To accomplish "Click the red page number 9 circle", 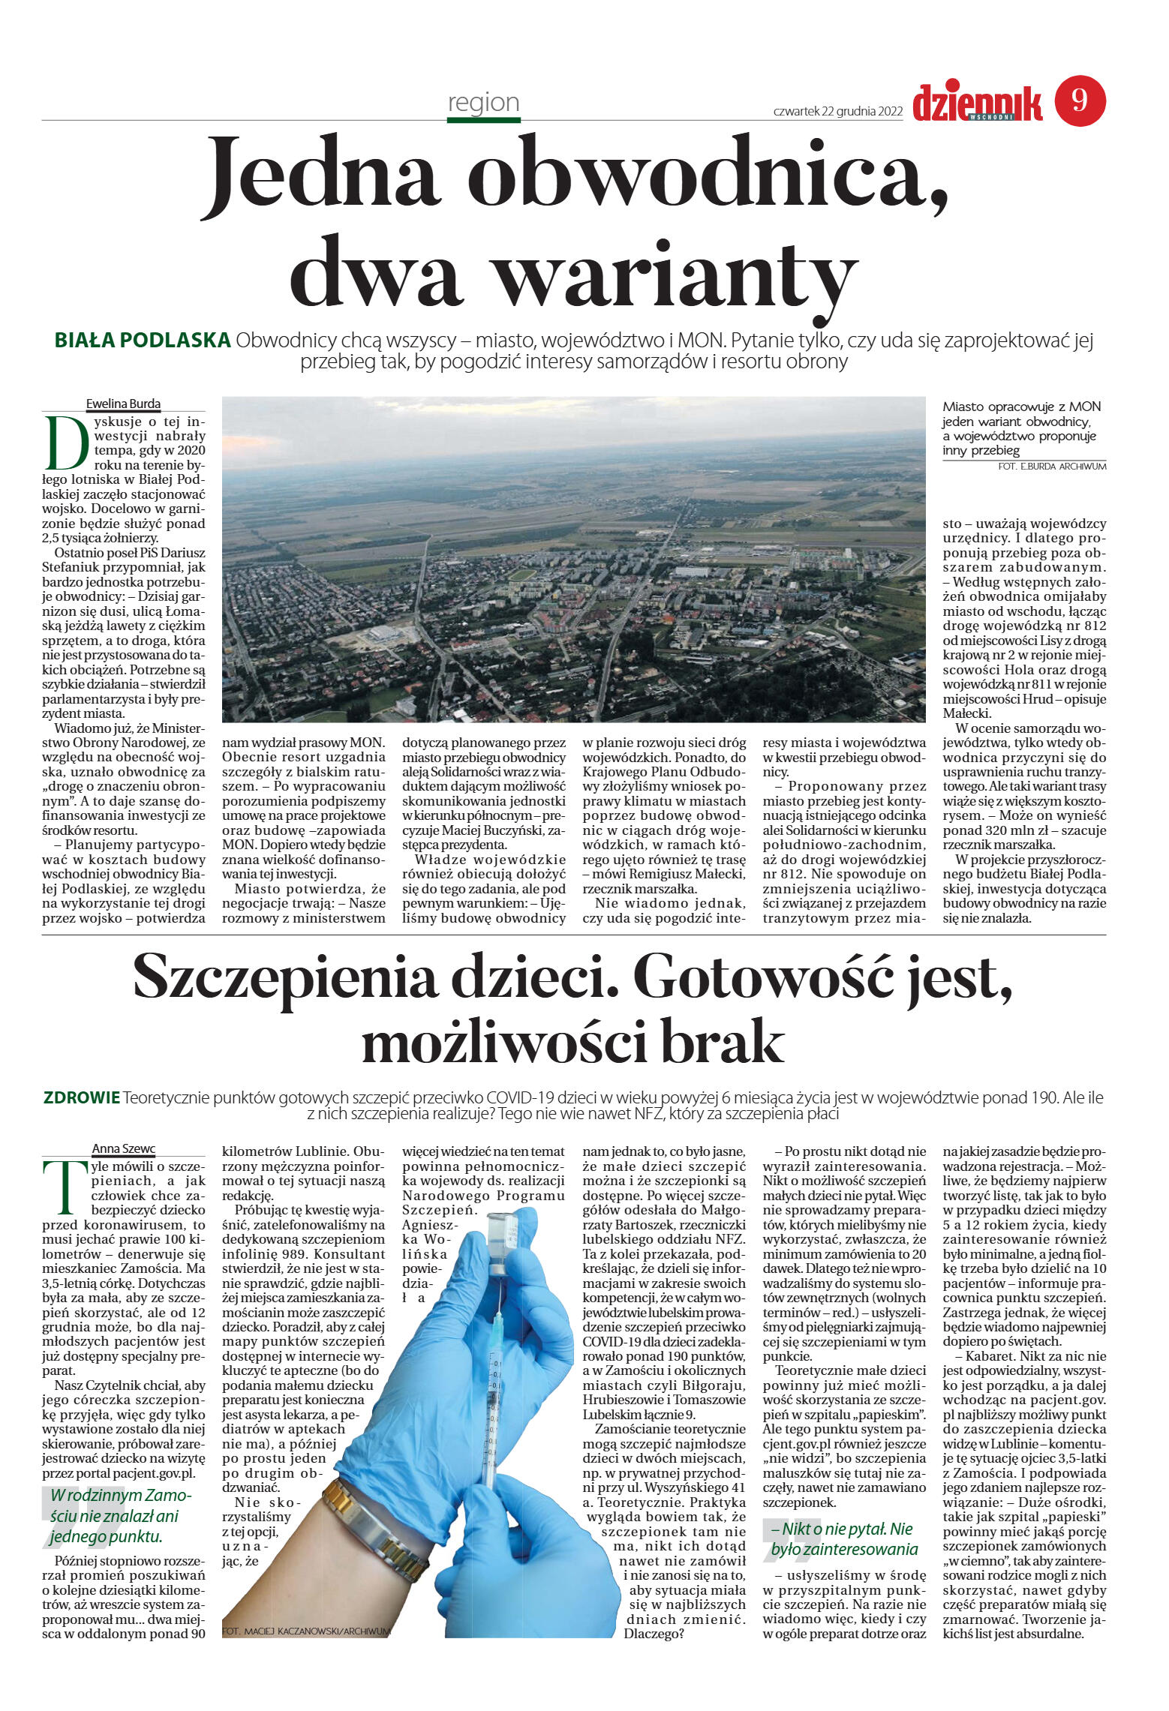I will [x=1080, y=101].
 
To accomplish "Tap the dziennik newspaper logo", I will [x=977, y=103].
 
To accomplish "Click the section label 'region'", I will [x=483, y=102].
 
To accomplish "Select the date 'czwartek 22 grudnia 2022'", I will [x=837, y=112].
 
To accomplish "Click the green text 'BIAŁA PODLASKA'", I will [x=143, y=341].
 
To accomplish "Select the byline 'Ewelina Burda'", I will [x=123, y=404].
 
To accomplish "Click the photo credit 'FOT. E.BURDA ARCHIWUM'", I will [x=1052, y=467].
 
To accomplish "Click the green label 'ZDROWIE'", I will [x=82, y=1098].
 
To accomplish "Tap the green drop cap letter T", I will [x=59, y=1187].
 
